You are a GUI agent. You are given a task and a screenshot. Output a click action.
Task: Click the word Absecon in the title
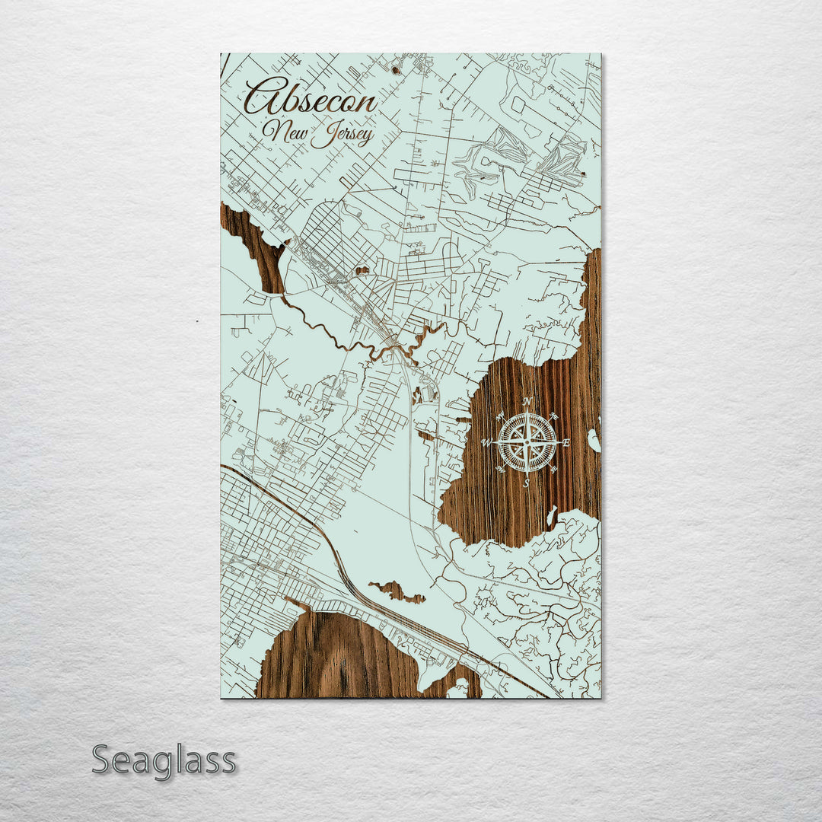click(311, 99)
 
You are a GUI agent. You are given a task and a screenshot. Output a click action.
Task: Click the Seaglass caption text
click(164, 760)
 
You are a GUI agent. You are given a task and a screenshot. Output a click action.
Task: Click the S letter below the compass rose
click(527, 483)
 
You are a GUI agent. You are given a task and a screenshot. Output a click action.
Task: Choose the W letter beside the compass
click(487, 441)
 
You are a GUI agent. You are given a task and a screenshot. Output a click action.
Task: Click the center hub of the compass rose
click(527, 441)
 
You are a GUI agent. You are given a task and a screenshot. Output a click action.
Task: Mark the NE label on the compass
click(554, 416)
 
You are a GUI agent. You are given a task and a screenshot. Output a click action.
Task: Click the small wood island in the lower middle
click(396, 591)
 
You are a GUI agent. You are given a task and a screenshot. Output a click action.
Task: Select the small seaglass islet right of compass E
click(593, 440)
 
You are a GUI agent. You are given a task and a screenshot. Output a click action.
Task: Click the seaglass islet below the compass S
click(551, 516)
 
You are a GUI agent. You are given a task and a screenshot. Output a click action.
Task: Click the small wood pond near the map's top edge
click(395, 69)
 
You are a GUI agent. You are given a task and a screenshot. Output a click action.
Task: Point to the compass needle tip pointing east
click(559, 441)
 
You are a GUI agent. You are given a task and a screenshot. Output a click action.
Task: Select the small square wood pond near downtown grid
click(362, 269)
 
